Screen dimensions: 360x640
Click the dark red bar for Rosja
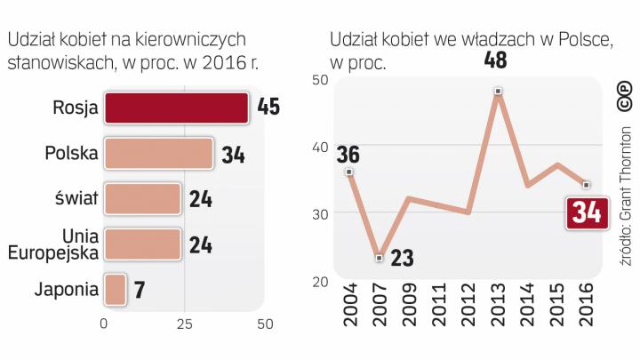176,108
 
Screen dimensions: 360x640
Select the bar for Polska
159,153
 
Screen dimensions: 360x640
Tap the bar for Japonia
115,289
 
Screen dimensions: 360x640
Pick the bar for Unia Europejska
142,244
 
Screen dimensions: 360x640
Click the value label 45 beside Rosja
268,108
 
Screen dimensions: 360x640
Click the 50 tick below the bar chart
265,324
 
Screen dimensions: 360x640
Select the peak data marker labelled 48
498,92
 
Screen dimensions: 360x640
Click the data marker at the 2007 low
380,258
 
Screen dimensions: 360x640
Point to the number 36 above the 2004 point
348,154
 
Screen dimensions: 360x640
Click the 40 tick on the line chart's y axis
320,147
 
